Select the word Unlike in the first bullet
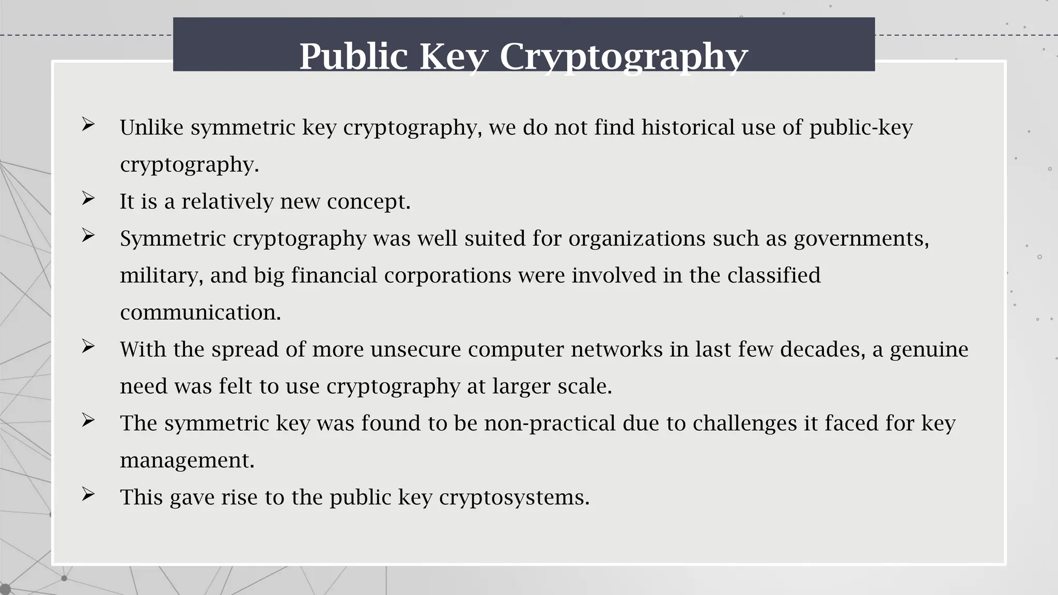[x=152, y=128]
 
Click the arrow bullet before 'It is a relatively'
[x=88, y=198]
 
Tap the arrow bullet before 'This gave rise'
[x=88, y=494]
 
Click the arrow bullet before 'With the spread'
[x=88, y=347]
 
